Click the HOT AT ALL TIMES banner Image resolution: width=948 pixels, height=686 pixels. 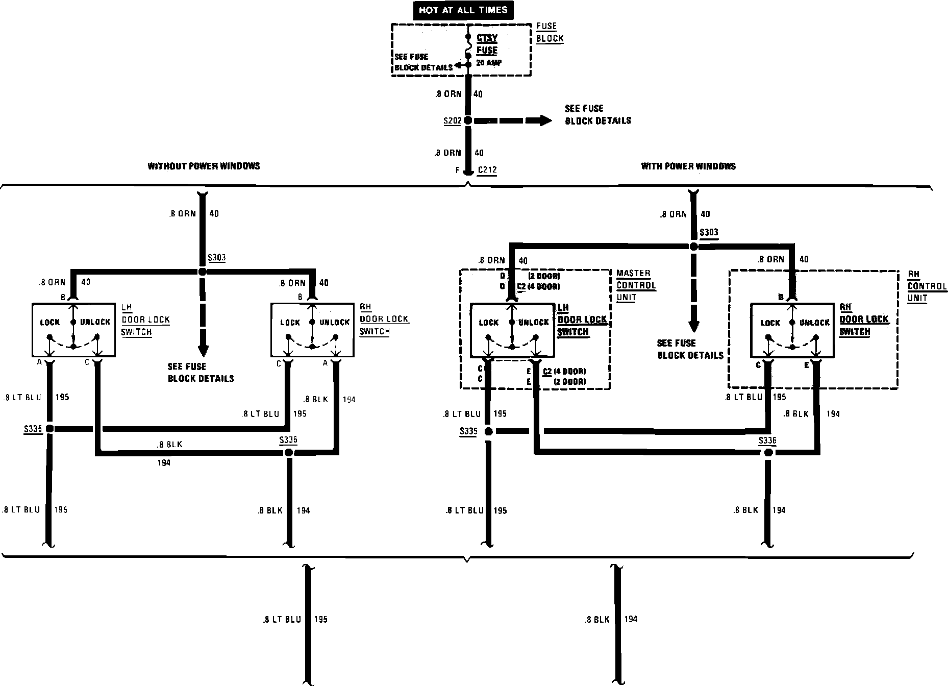pos(463,10)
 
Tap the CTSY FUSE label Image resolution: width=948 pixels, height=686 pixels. pos(487,44)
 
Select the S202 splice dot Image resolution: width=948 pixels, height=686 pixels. pos(468,121)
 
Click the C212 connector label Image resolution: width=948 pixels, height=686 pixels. pos(487,170)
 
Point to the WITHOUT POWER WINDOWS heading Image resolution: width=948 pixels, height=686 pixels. pos(204,166)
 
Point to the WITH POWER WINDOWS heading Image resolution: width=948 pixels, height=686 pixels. pos(688,166)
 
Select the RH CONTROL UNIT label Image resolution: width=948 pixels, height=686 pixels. pos(927,286)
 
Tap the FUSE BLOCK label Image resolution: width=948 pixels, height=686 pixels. pos(550,32)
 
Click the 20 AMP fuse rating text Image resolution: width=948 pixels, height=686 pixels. pos(489,63)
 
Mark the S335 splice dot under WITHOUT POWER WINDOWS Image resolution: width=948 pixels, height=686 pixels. pos(50,429)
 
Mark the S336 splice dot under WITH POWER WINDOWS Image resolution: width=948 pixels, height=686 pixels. pos(768,453)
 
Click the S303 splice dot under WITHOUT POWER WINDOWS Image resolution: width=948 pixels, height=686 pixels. pos(203,272)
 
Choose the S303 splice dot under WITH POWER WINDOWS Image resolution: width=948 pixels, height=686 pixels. pos(693,247)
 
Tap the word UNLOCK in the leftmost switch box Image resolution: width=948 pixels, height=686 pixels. pos(95,322)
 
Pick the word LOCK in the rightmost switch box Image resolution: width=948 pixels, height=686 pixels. pos(770,323)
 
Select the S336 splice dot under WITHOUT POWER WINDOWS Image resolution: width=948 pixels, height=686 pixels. pos(289,453)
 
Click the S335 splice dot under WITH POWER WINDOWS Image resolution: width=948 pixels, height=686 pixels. pos(488,432)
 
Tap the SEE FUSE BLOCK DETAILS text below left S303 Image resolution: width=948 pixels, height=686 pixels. pos(201,373)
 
